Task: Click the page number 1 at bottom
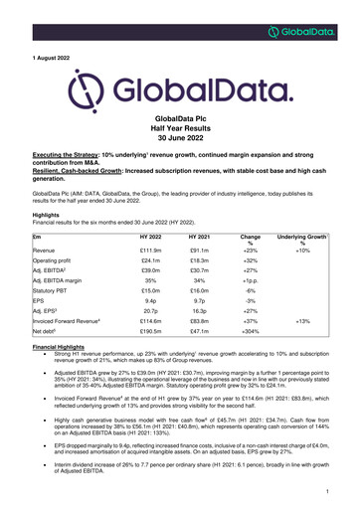(326, 491)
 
